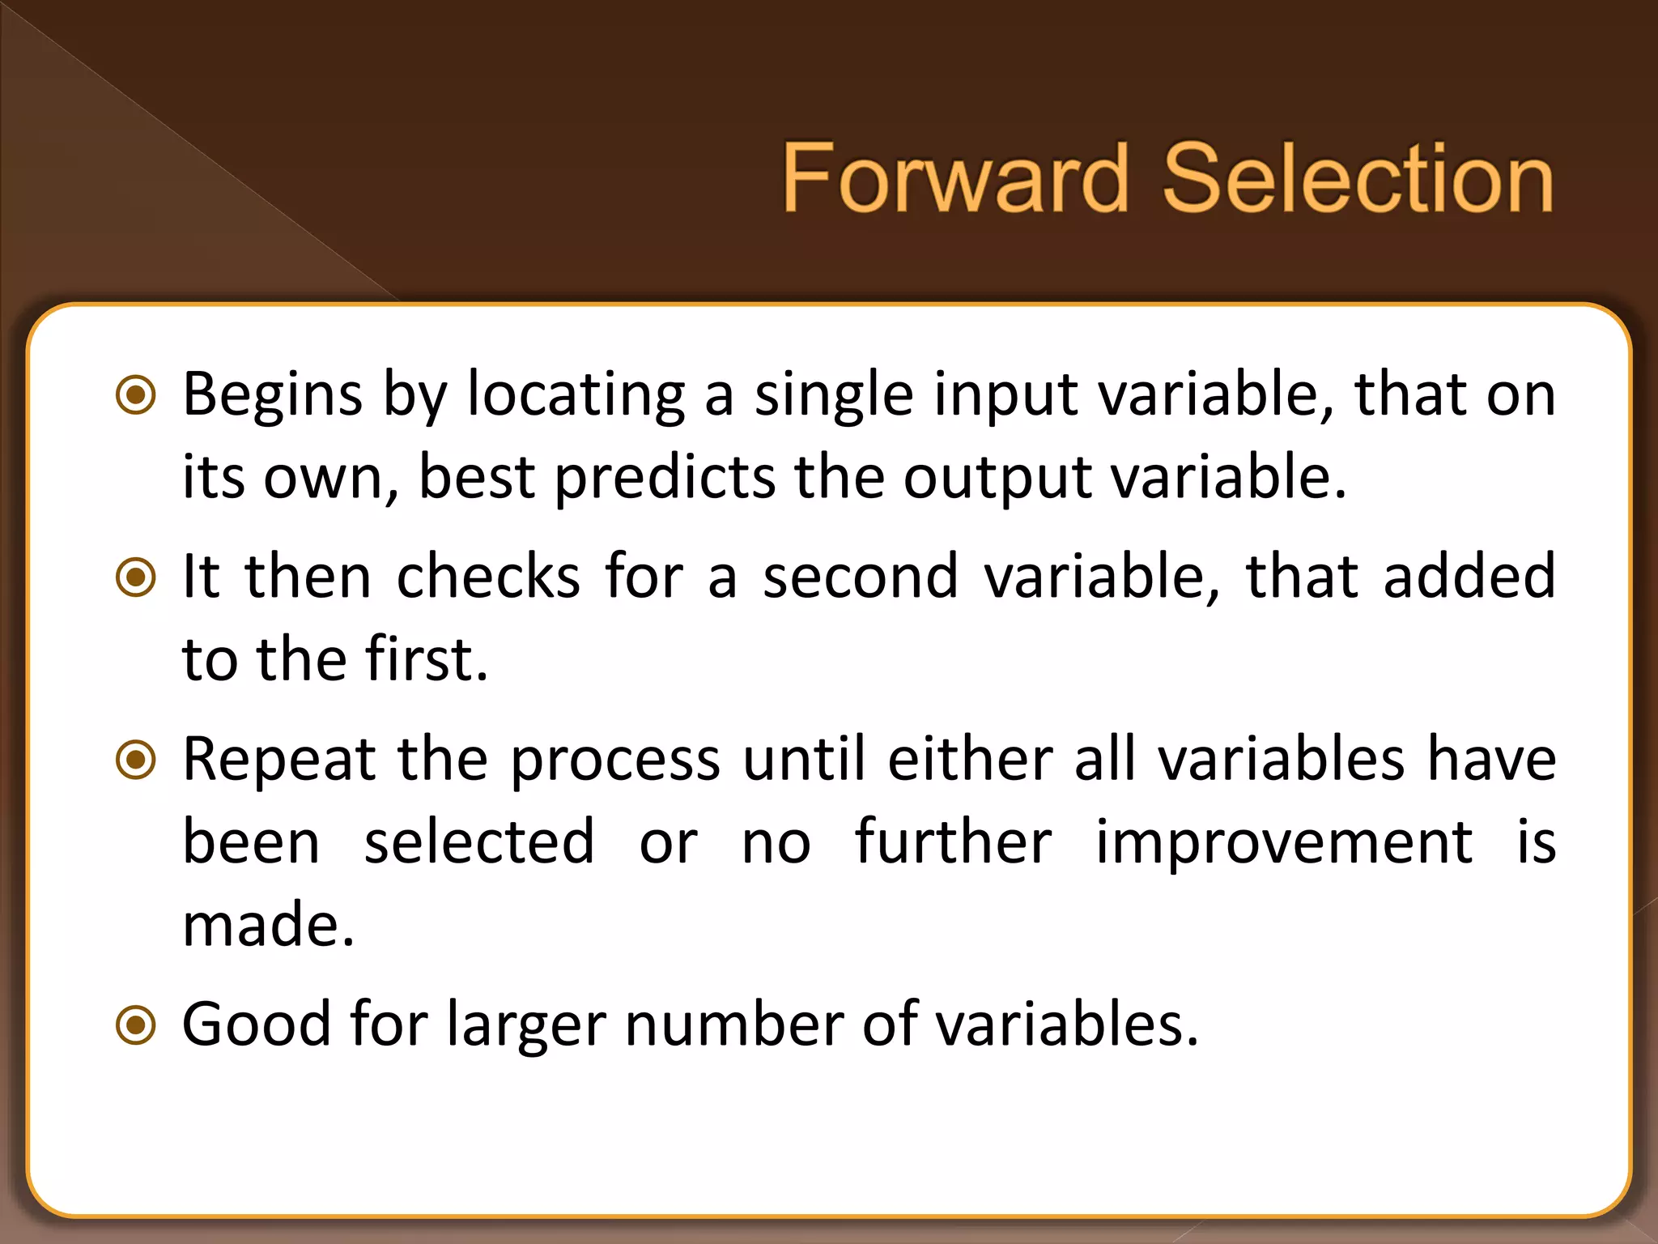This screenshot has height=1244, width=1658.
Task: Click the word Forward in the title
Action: pyautogui.click(x=955, y=178)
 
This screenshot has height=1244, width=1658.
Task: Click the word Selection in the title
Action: pyautogui.click(x=1358, y=178)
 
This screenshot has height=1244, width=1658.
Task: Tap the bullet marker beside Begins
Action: pyautogui.click(x=136, y=396)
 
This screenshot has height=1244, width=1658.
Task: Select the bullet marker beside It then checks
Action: pyautogui.click(x=136, y=577)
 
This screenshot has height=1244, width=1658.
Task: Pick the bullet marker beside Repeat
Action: pyautogui.click(x=136, y=760)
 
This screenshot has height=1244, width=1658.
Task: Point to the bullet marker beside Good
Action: pyautogui.click(x=136, y=1025)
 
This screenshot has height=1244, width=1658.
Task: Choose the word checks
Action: pyautogui.click(x=488, y=577)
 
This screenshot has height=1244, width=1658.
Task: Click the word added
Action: pyautogui.click(x=1469, y=577)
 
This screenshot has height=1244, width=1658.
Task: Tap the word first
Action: pyautogui.click(x=426, y=659)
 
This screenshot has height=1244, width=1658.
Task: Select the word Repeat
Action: pyautogui.click(x=279, y=760)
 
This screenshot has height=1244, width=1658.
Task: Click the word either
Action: pyautogui.click(x=970, y=760)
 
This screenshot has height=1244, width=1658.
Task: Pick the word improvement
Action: pyautogui.click(x=1283, y=842)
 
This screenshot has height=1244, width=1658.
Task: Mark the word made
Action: pyautogui.click(x=268, y=924)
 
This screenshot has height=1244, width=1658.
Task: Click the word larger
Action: pyautogui.click(x=526, y=1025)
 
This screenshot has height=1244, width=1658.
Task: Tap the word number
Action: pyautogui.click(x=733, y=1025)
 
